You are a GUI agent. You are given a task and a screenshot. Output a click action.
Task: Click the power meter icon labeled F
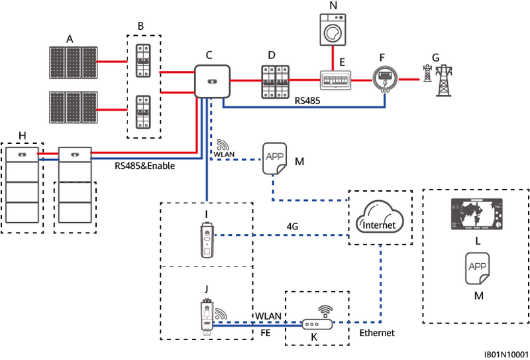[x=382, y=80]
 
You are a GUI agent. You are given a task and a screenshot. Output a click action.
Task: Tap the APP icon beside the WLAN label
[x=274, y=158]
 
